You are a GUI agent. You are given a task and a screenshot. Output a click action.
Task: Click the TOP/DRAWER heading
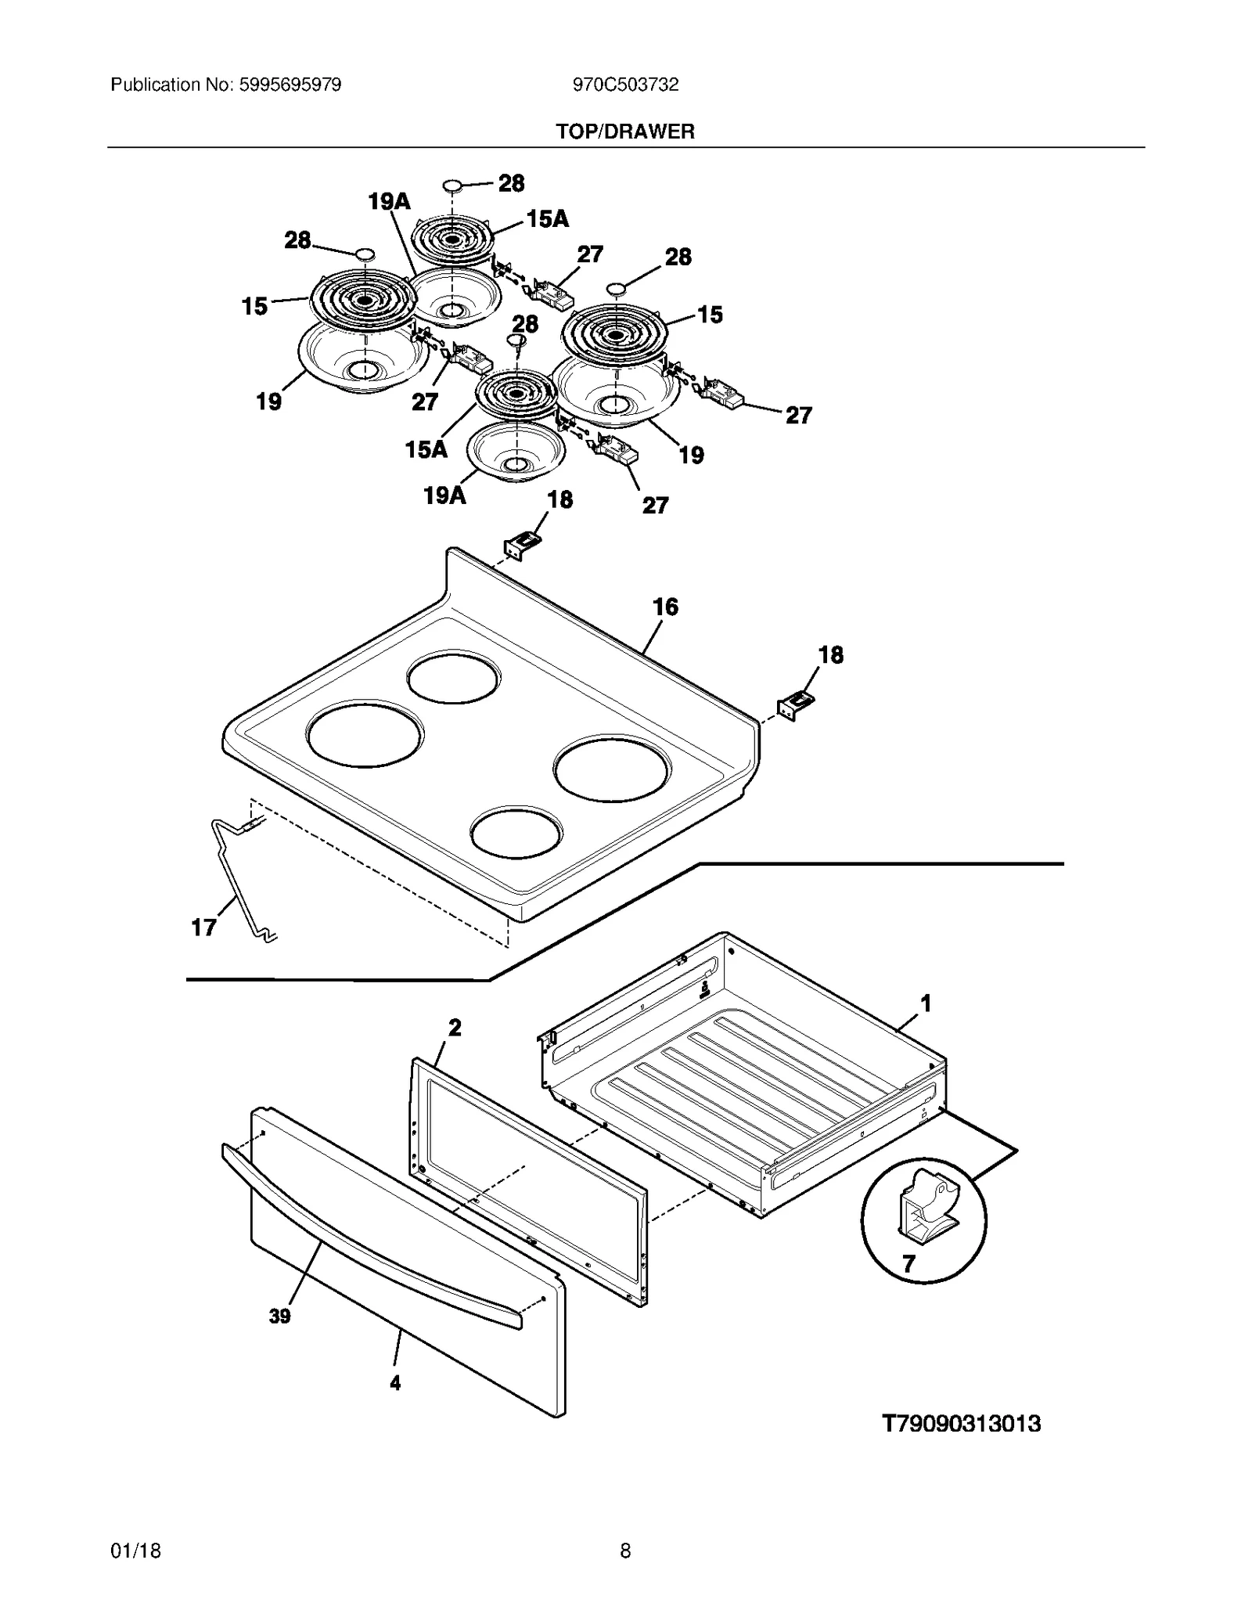click(x=625, y=131)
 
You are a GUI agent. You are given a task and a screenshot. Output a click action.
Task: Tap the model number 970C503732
click(x=625, y=85)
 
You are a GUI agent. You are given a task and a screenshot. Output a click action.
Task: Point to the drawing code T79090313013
click(x=961, y=1423)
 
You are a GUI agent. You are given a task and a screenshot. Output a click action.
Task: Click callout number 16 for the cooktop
click(x=665, y=607)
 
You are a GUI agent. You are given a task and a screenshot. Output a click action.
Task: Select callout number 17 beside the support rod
click(x=203, y=928)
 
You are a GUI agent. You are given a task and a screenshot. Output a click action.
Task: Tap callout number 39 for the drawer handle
click(x=279, y=1317)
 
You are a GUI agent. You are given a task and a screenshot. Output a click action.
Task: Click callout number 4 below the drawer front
click(x=395, y=1383)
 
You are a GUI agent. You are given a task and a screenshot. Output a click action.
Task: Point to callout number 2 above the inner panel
click(x=455, y=1027)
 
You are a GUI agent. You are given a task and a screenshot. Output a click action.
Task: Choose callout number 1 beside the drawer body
click(x=926, y=1003)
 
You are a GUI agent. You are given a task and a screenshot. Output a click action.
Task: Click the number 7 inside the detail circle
click(x=908, y=1264)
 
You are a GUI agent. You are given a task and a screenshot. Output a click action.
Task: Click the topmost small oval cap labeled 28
click(x=453, y=186)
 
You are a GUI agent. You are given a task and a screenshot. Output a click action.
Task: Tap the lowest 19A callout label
click(x=444, y=495)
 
